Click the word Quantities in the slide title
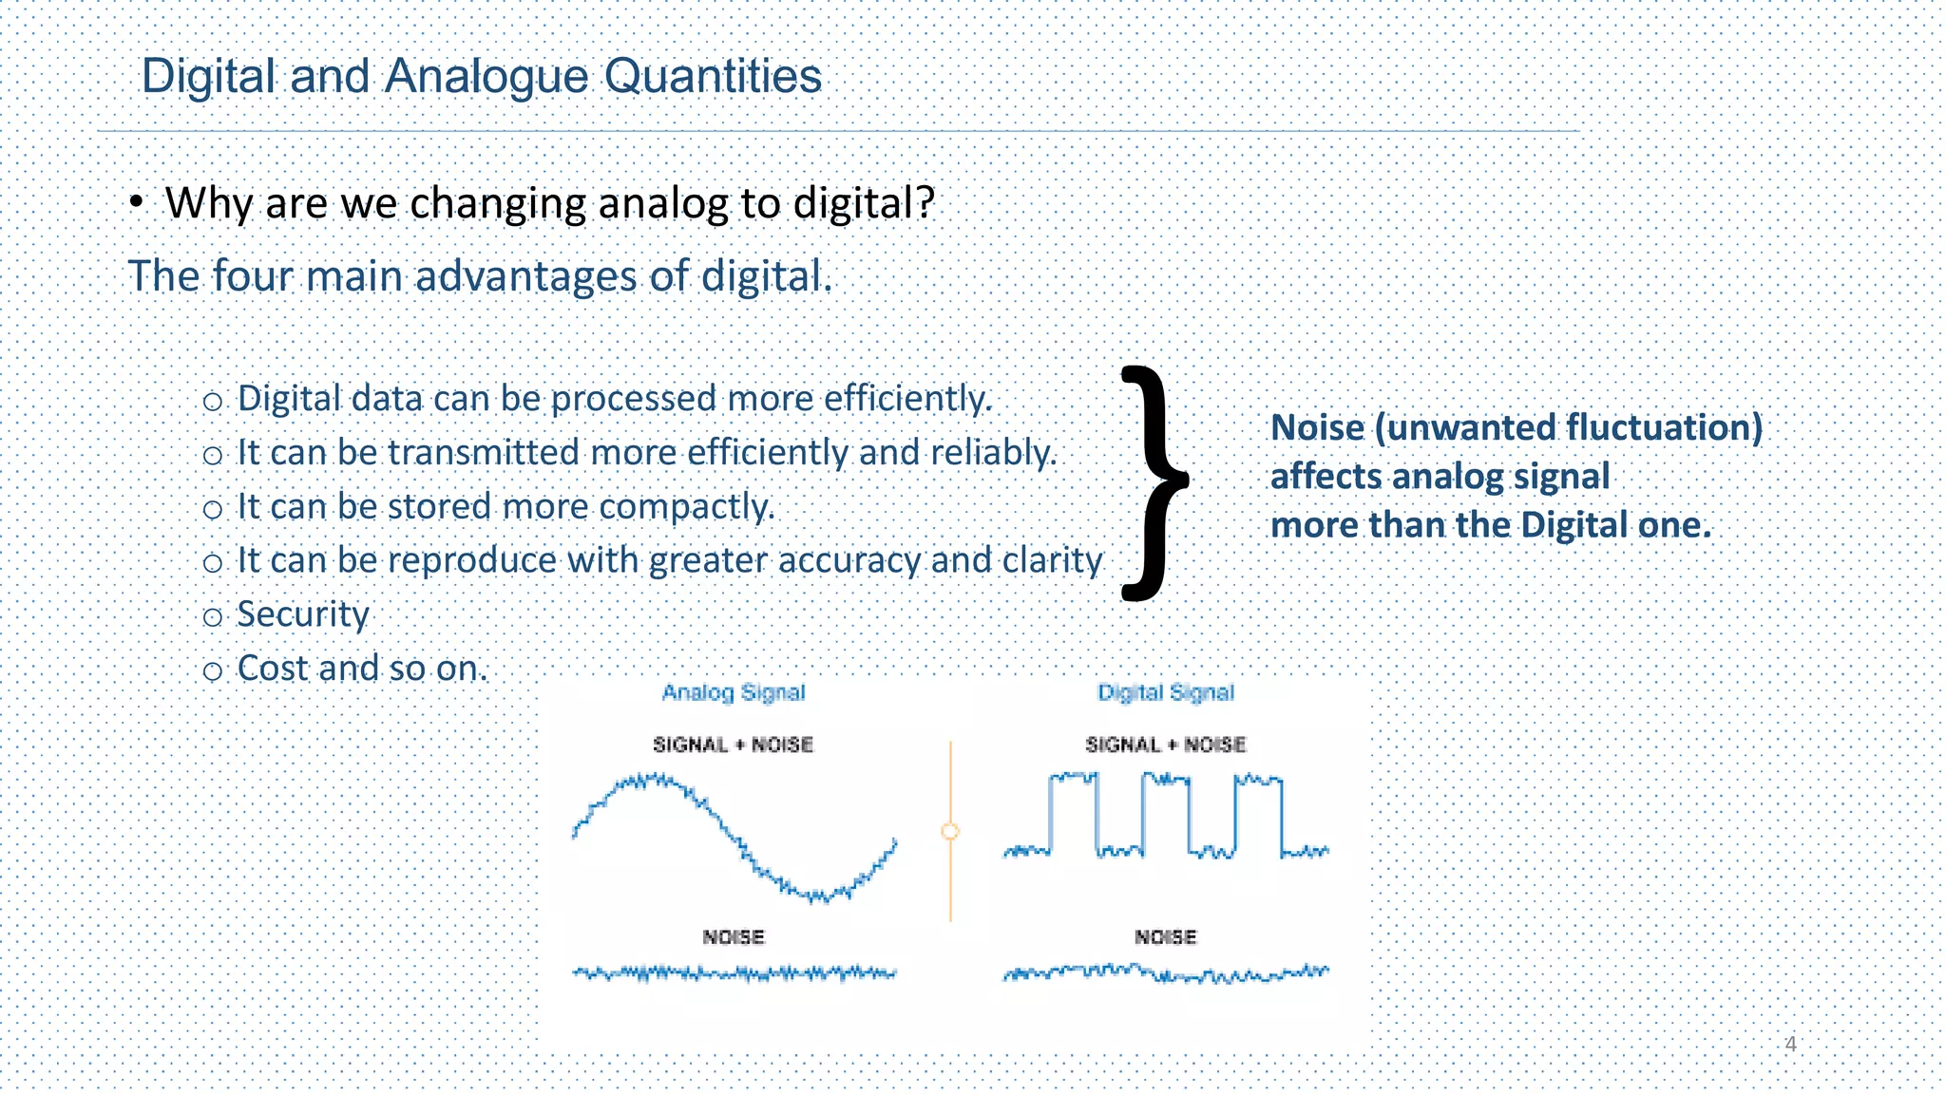pyautogui.click(x=713, y=76)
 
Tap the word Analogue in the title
pyautogui.click(x=486, y=76)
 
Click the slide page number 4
pyautogui.click(x=1790, y=1044)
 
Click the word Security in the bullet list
pyautogui.click(x=302, y=614)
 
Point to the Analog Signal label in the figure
pyautogui.click(x=734, y=692)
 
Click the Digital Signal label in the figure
pyautogui.click(x=1166, y=692)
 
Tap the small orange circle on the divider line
pyautogui.click(x=950, y=832)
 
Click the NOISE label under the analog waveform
pyautogui.click(x=734, y=937)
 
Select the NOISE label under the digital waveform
pyautogui.click(x=1166, y=937)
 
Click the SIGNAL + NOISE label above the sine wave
pyautogui.click(x=734, y=745)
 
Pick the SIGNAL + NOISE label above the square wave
pyautogui.click(x=1166, y=745)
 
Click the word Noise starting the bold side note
pyautogui.click(x=1317, y=427)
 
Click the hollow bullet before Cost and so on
pyautogui.click(x=213, y=671)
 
